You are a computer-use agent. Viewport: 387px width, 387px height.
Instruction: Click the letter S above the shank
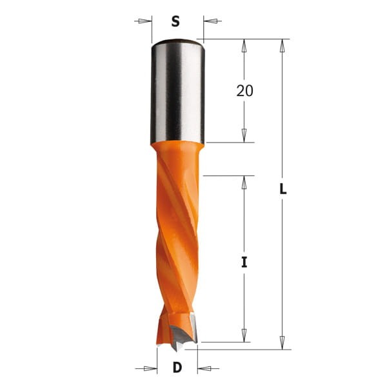[x=175, y=21]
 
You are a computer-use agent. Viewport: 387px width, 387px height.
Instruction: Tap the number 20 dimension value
[x=244, y=91]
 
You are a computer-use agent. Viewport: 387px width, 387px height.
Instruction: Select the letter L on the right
[x=283, y=190]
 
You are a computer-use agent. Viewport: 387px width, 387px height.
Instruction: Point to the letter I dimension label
[x=244, y=263]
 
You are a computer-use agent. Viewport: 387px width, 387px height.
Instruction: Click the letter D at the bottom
[x=177, y=369]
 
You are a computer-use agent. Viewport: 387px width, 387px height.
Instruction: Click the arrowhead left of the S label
[x=145, y=21]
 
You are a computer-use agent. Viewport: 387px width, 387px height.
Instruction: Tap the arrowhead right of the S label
[x=210, y=21]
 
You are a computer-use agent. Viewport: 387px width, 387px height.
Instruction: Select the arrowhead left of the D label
[x=150, y=369]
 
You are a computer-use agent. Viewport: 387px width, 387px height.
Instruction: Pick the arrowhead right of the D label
[x=204, y=369]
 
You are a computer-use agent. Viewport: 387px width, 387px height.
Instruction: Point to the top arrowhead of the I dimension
[x=244, y=183]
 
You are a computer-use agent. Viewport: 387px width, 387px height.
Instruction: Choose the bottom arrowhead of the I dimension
[x=244, y=335]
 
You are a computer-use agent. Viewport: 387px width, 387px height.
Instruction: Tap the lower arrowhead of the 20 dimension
[x=244, y=135]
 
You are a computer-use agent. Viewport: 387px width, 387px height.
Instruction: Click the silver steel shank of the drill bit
[x=177, y=90]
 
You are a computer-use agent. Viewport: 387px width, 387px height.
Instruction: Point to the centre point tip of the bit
[x=175, y=349]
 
